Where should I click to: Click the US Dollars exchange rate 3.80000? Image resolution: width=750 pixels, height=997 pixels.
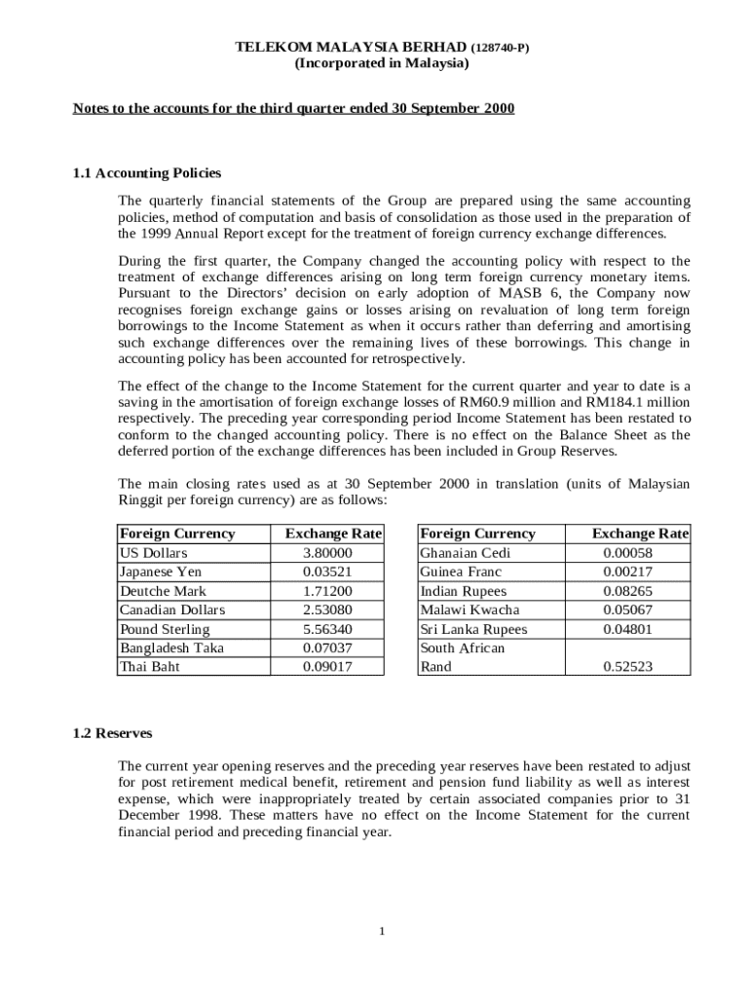pos(327,553)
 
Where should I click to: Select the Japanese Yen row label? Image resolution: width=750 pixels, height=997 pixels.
pos(161,572)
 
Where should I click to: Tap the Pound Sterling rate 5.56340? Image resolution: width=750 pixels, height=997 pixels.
pos(327,629)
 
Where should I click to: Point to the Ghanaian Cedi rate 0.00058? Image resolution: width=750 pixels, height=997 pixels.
pos(627,553)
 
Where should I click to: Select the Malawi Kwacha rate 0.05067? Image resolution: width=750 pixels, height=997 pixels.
pos(627,609)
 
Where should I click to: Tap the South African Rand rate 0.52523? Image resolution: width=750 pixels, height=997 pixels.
pos(627,667)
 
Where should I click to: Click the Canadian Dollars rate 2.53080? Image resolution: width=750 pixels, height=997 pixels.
pos(327,609)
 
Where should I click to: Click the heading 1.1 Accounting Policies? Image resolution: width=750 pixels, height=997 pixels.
pos(147,173)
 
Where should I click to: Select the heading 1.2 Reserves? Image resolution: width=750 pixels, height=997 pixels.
pos(112,732)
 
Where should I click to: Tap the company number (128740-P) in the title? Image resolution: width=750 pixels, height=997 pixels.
pos(501,48)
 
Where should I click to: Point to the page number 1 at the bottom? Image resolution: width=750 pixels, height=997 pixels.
pos(383,932)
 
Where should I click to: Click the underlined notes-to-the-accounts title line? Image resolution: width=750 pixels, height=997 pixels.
pos(293,108)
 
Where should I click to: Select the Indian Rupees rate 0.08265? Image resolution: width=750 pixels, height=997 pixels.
pos(627,591)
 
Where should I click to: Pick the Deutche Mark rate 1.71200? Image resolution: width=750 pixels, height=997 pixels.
pos(327,591)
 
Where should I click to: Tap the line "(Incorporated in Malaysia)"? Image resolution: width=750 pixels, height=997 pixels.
pos(382,63)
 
